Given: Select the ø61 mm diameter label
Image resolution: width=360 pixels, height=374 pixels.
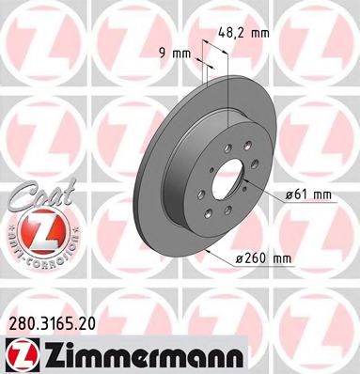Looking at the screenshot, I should (x=309, y=195).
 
